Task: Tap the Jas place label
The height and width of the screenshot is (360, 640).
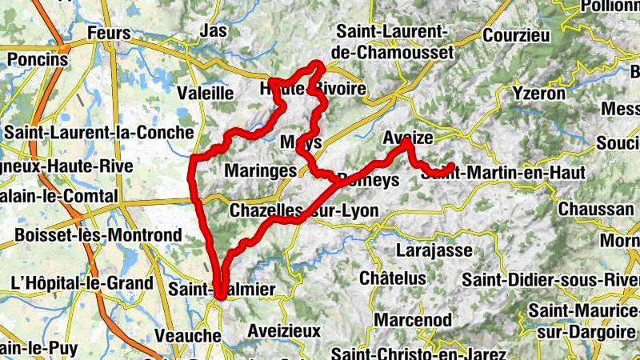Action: pyautogui.click(x=213, y=30)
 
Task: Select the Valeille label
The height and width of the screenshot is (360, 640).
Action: pyautogui.click(x=205, y=93)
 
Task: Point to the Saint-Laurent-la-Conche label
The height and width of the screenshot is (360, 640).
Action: pyautogui.click(x=99, y=132)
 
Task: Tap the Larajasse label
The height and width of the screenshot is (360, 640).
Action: pyautogui.click(x=434, y=250)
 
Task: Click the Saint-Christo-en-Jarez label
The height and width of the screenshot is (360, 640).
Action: pyautogui.click(x=419, y=354)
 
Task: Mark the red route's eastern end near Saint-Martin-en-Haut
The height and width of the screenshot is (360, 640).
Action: pyautogui.click(x=451, y=166)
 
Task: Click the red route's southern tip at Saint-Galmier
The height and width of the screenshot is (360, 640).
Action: pyautogui.click(x=218, y=297)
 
